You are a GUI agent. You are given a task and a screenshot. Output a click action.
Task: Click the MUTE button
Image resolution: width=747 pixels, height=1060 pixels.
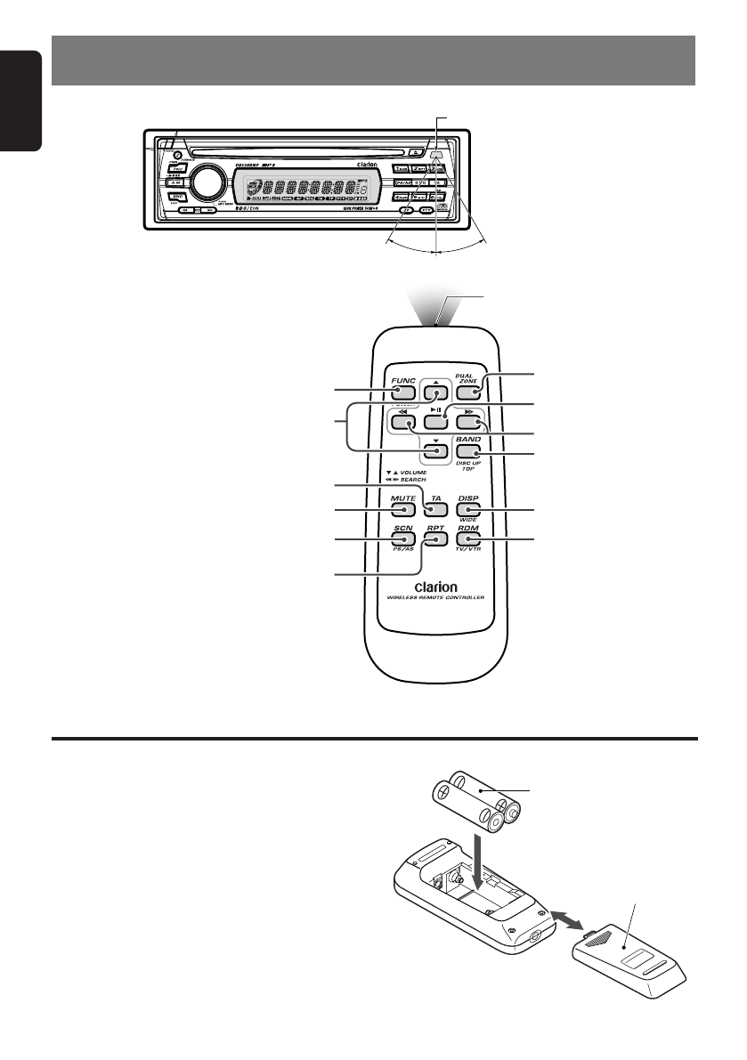pos(403,511)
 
